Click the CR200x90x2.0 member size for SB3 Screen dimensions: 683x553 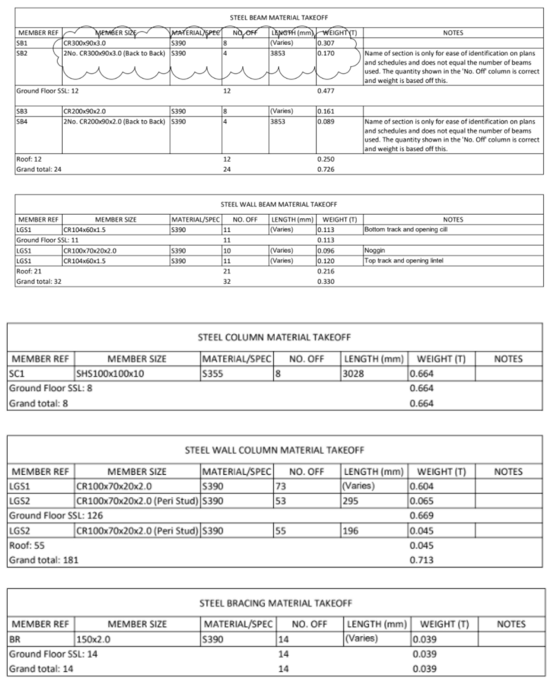[x=84, y=111]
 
